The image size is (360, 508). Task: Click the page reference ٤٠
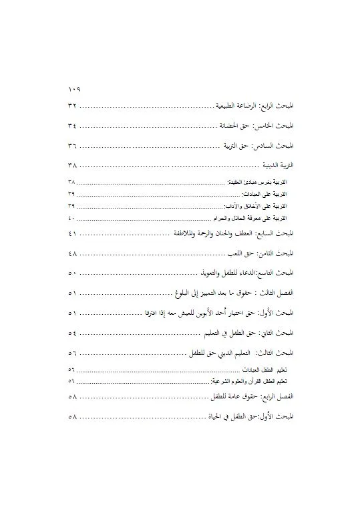coord(71,218)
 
